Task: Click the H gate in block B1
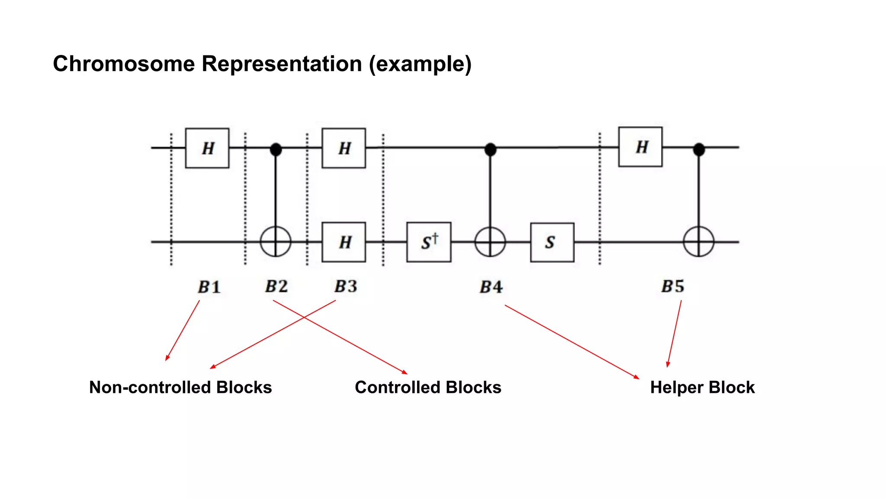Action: [x=207, y=148]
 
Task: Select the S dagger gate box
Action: [x=429, y=242]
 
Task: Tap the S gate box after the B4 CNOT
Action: [x=552, y=242]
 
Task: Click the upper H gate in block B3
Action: [x=343, y=148]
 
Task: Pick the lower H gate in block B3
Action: [x=343, y=242]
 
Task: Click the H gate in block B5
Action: [x=640, y=147]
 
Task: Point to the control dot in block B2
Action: [x=276, y=149]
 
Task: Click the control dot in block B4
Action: [x=490, y=149]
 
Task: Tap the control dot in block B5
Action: [x=699, y=149]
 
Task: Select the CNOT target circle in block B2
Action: [x=276, y=242]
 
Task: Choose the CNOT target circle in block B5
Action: [x=699, y=242]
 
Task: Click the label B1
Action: [x=209, y=287]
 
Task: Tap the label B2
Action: [x=276, y=286]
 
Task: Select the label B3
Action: [x=346, y=286]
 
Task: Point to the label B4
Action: [x=491, y=287]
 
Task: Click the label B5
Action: [x=673, y=286]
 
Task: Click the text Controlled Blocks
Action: [x=428, y=387]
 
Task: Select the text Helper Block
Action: [x=702, y=387]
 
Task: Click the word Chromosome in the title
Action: [x=124, y=64]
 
